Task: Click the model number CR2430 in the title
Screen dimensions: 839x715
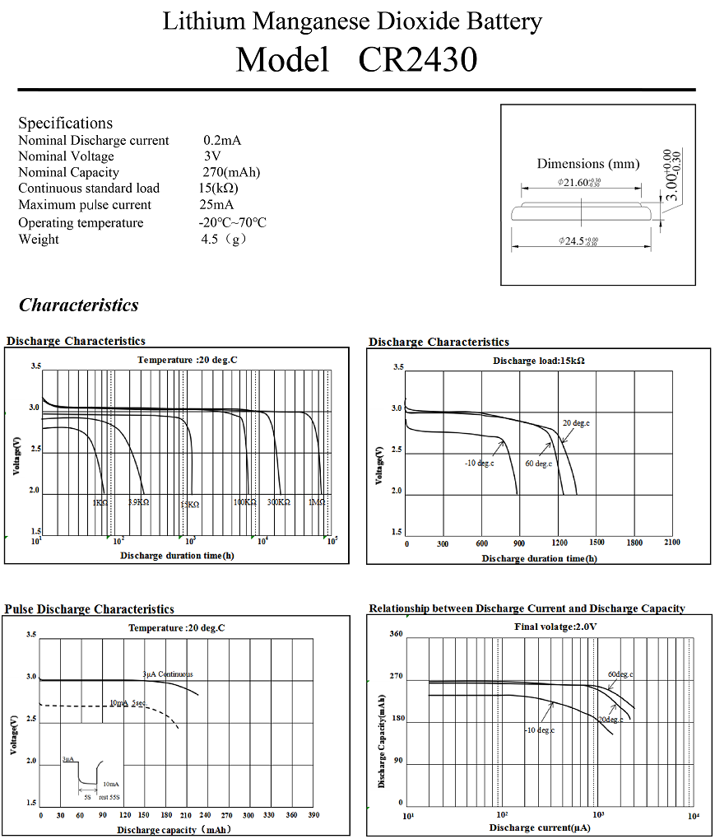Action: click(x=418, y=60)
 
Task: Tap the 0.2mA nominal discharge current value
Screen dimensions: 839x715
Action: click(x=222, y=141)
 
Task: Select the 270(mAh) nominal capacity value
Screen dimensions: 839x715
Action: click(x=231, y=173)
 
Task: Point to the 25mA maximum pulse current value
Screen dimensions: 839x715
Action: click(x=216, y=205)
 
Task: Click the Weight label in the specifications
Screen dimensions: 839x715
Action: click(x=39, y=240)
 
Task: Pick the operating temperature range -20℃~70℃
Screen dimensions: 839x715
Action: click(x=232, y=223)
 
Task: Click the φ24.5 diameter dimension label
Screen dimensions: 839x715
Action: click(x=578, y=241)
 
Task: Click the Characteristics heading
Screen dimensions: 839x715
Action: click(x=79, y=305)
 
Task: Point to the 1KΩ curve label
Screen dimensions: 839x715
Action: click(x=100, y=502)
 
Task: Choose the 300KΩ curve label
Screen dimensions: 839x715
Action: click(x=279, y=502)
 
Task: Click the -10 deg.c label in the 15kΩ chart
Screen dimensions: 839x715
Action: click(x=480, y=464)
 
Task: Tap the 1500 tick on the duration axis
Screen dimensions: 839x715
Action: click(x=597, y=543)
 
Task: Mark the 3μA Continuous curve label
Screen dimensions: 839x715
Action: click(x=168, y=674)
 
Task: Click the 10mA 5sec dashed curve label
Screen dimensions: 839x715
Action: click(x=128, y=702)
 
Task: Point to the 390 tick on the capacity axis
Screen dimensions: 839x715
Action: click(x=313, y=815)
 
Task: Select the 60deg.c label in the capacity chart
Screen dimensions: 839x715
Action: click(x=620, y=675)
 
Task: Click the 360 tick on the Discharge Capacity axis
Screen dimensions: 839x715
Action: click(x=396, y=634)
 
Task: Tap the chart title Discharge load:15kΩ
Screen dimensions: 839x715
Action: click(x=539, y=361)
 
